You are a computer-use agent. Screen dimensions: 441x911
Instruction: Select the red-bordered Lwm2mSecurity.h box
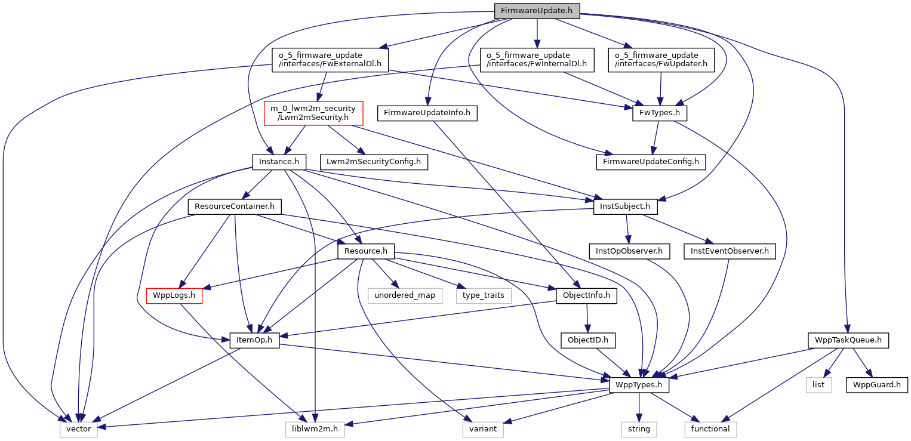313,113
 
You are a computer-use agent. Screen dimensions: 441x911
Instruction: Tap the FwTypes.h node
660,113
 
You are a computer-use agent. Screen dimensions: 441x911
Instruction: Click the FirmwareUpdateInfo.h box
427,113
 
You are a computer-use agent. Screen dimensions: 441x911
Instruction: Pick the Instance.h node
279,162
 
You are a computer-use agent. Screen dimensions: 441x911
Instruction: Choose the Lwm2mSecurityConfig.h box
374,162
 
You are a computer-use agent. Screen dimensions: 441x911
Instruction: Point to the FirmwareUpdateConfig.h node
650,162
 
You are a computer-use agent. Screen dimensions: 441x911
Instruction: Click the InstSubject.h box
626,207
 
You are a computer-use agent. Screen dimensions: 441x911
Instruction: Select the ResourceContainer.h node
234,207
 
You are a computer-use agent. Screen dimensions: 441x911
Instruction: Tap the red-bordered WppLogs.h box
174,295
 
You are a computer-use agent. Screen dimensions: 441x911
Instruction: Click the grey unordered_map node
405,295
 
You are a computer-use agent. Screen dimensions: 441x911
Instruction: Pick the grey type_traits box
484,295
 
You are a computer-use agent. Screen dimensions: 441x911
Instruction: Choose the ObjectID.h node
588,341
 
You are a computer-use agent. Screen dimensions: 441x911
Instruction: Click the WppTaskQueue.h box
848,341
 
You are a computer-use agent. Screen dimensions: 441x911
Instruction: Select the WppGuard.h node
876,385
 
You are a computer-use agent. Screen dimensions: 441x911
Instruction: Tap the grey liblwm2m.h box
315,429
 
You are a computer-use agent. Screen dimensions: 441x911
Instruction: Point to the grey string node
639,429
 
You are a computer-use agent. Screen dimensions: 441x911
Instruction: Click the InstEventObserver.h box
729,251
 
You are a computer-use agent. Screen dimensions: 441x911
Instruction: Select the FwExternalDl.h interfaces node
330,60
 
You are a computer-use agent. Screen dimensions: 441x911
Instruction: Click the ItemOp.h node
254,341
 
